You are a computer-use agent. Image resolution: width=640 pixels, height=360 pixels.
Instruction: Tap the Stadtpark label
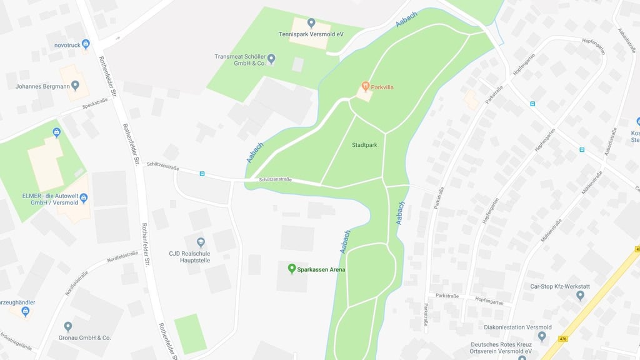pyautogui.click(x=364, y=144)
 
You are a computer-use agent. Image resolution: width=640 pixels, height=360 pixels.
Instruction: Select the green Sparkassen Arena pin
pyautogui.click(x=291, y=269)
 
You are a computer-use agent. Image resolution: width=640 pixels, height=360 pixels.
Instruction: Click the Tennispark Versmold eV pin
pyautogui.click(x=311, y=23)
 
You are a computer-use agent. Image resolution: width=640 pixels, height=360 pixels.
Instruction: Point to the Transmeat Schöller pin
pyautogui.click(x=271, y=59)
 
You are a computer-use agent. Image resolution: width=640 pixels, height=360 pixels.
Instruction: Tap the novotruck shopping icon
pyautogui.click(x=86, y=44)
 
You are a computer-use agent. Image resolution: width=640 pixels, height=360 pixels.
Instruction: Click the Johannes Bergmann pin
pyautogui.click(x=76, y=86)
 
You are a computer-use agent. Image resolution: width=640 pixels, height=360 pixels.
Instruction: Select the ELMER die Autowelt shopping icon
pyautogui.click(x=83, y=198)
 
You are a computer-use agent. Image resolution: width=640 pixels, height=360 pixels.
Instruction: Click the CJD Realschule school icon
pyautogui.click(x=201, y=242)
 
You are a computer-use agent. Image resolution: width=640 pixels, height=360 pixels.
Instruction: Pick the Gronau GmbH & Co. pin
pyautogui.click(x=68, y=326)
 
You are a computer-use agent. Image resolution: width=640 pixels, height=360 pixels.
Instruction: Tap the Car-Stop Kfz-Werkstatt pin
pyautogui.click(x=580, y=296)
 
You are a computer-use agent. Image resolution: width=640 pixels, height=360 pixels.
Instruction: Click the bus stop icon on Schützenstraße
pyautogui.click(x=202, y=174)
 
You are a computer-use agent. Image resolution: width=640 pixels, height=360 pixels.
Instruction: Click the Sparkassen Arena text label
pyautogui.click(x=321, y=269)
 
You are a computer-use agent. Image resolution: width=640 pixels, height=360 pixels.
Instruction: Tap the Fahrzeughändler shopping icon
pyautogui.click(x=26, y=311)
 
